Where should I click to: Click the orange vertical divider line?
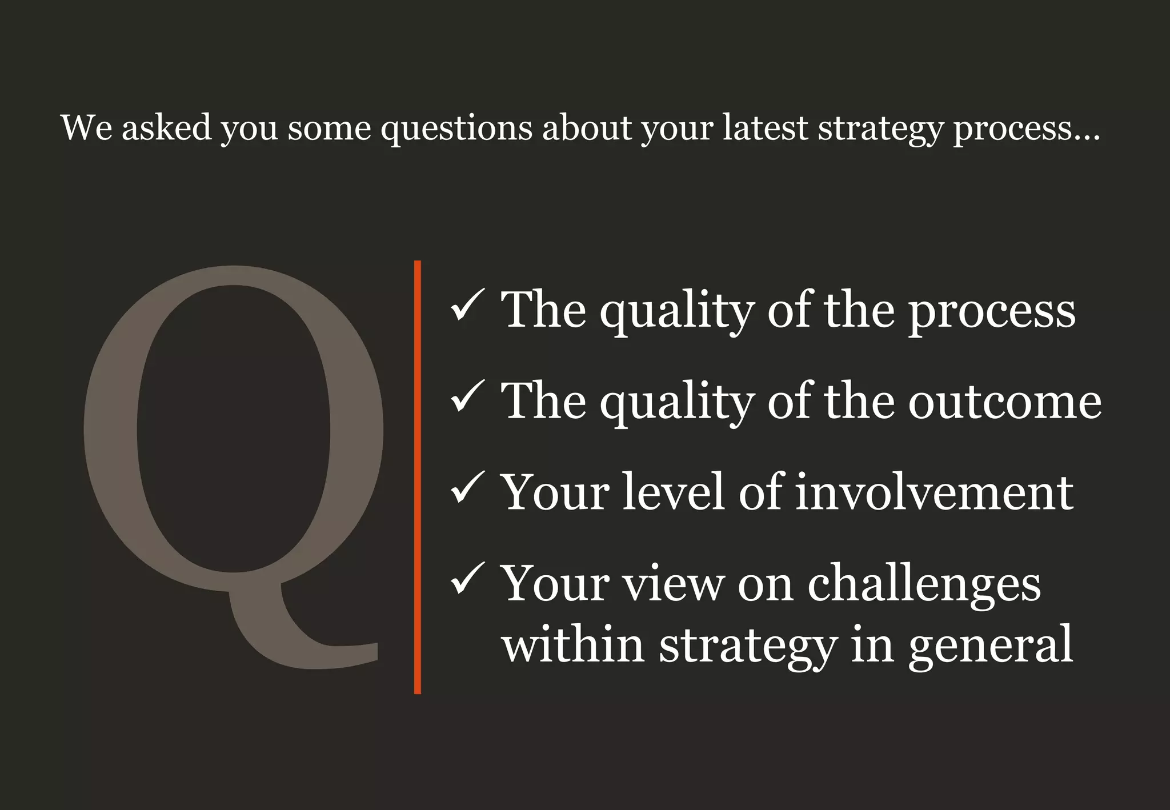tap(418, 477)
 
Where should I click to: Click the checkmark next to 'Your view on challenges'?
tap(468, 582)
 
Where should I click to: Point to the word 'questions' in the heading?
tap(456, 128)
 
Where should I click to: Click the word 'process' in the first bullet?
tap(992, 311)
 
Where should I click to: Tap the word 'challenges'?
tap(924, 585)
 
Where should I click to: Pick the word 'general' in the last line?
tap(991, 646)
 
